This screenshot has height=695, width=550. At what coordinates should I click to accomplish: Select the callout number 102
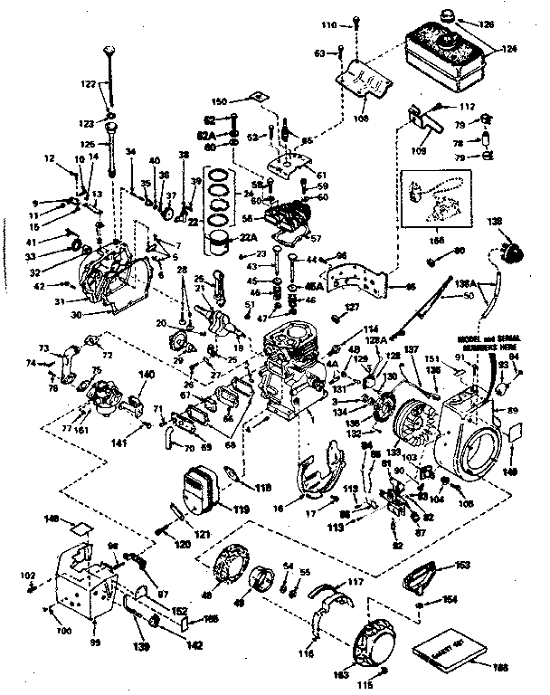point(29,576)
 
